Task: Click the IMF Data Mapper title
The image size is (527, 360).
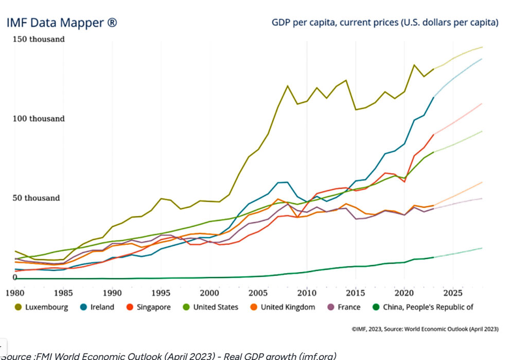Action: [x=61, y=23]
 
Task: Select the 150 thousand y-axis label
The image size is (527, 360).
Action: [x=39, y=39]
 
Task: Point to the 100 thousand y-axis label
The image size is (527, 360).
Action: [x=39, y=119]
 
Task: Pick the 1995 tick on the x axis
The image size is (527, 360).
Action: [x=161, y=293]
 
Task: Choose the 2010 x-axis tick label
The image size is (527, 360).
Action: [x=307, y=293]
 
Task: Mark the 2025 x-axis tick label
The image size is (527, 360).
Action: [x=453, y=293]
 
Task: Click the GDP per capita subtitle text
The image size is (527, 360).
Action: [x=385, y=23]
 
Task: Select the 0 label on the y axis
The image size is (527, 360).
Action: [x=15, y=278]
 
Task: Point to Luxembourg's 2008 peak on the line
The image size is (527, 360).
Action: [x=287, y=86]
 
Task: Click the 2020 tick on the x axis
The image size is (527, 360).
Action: [x=404, y=293]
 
